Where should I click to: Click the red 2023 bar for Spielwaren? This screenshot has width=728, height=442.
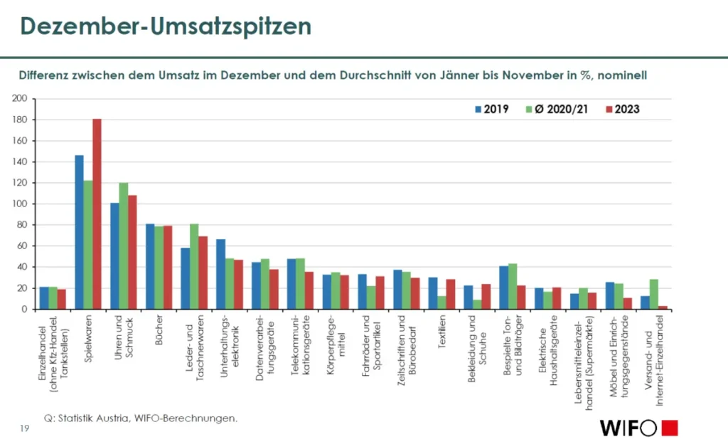coord(97,214)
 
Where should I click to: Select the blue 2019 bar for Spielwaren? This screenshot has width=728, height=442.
coord(79,232)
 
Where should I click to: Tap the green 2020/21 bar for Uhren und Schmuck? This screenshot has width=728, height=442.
coord(123,246)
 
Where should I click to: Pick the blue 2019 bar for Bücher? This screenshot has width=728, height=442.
coord(150,266)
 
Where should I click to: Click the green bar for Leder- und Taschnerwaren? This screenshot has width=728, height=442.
coord(194,266)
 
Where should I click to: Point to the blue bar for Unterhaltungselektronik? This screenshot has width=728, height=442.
coord(220,274)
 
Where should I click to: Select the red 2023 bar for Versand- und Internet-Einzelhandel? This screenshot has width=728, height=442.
coord(663,307)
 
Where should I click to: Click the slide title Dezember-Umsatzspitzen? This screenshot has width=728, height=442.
coord(165,26)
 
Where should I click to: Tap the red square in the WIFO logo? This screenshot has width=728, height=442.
coord(669,428)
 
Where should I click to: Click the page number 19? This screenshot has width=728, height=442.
coord(24,427)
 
